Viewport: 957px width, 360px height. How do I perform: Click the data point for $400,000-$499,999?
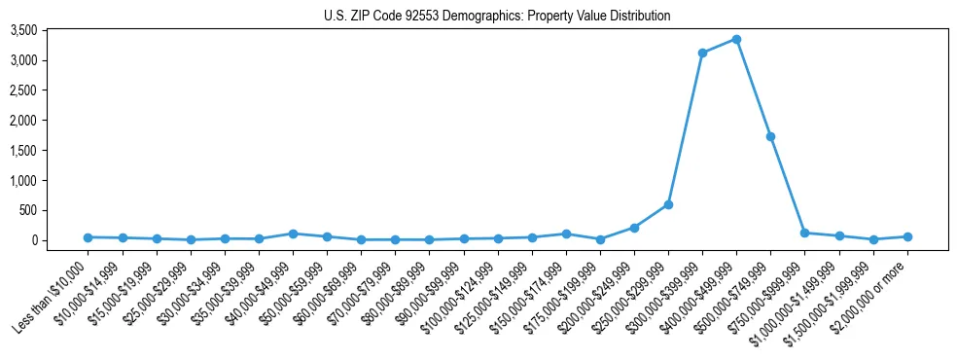click(x=736, y=39)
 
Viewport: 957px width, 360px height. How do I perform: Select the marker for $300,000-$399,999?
click(x=702, y=53)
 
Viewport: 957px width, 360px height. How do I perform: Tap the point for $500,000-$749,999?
click(x=770, y=136)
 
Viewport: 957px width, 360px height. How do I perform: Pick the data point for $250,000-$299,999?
click(x=668, y=204)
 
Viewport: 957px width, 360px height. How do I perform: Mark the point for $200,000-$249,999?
click(x=634, y=228)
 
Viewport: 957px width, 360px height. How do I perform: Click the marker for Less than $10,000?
click(x=88, y=237)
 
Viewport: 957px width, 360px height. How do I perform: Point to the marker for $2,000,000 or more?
click(x=907, y=236)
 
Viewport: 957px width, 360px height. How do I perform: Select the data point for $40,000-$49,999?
click(x=293, y=234)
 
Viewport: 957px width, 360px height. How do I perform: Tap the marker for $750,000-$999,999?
click(x=804, y=233)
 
